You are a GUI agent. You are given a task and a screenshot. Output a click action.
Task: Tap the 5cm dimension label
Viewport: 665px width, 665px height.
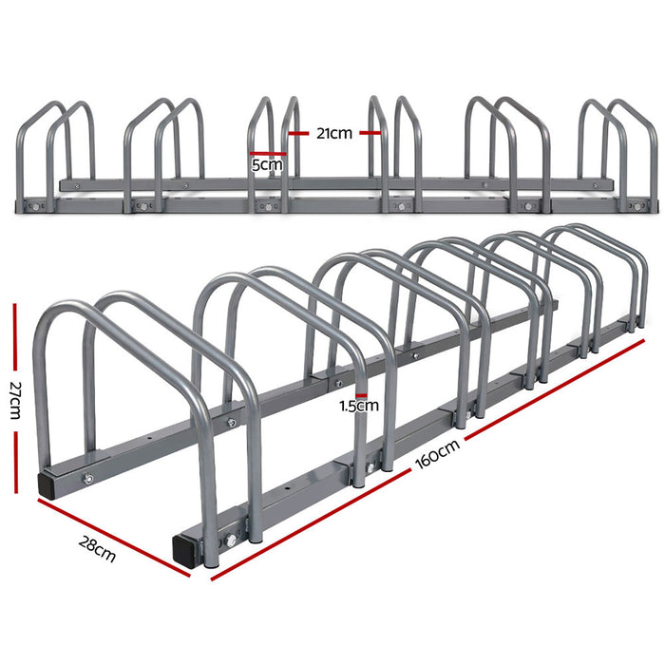point(268,165)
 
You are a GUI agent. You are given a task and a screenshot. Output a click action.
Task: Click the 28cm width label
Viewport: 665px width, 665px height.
point(99,548)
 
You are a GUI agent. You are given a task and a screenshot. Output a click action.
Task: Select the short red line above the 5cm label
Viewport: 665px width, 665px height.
point(268,152)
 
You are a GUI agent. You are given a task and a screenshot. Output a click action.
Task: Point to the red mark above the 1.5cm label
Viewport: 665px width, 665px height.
point(360,393)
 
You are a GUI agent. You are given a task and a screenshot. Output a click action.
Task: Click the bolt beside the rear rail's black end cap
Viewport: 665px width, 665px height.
point(88,479)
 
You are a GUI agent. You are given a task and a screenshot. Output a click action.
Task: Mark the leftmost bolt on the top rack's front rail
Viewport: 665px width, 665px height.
point(37,204)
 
